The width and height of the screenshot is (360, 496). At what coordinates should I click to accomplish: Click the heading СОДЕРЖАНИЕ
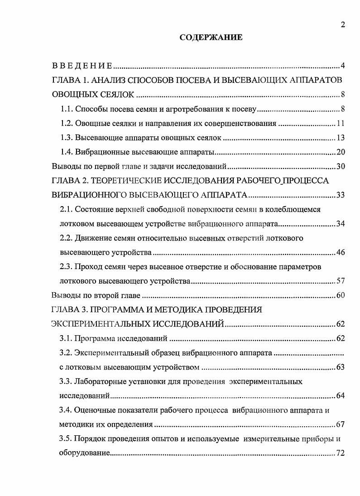point(211,38)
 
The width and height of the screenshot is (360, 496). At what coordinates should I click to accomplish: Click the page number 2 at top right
point(343,25)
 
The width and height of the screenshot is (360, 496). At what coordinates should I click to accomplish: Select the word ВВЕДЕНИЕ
point(82,67)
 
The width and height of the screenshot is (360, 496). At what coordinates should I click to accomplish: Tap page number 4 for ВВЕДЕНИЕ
point(343,67)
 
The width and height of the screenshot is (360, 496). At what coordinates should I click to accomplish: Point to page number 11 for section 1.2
point(341,124)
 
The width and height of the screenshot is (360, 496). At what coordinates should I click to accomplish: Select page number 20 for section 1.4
point(341,152)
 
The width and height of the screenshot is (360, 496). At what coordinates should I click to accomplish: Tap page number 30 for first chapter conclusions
point(341,166)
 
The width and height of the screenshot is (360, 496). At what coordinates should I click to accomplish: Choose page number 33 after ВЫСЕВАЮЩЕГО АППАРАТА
point(341,195)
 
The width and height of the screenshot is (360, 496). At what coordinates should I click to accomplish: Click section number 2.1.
point(67,209)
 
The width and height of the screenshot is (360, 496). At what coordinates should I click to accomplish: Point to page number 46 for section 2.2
point(341,252)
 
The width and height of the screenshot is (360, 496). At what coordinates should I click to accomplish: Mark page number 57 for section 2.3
point(341,281)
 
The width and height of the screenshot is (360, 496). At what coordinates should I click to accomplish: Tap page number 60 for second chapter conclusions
point(341,296)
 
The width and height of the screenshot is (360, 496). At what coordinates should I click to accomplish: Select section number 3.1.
point(67,338)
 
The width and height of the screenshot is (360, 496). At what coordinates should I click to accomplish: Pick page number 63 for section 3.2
point(341,367)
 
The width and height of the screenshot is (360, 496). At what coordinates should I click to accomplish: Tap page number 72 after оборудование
point(341,453)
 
